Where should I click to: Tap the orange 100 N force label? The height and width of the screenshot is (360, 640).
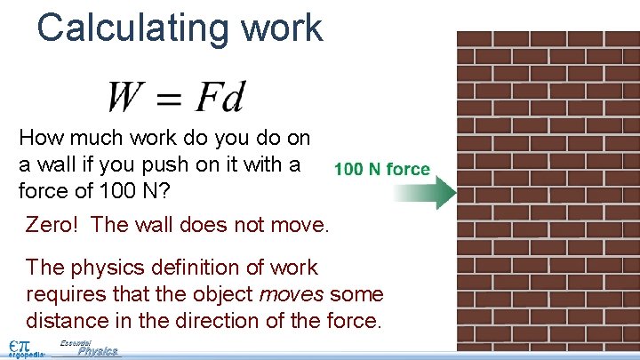point(382,169)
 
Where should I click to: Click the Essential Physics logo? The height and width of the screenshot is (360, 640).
point(93,349)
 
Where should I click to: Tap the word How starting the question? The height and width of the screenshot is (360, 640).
point(39,138)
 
